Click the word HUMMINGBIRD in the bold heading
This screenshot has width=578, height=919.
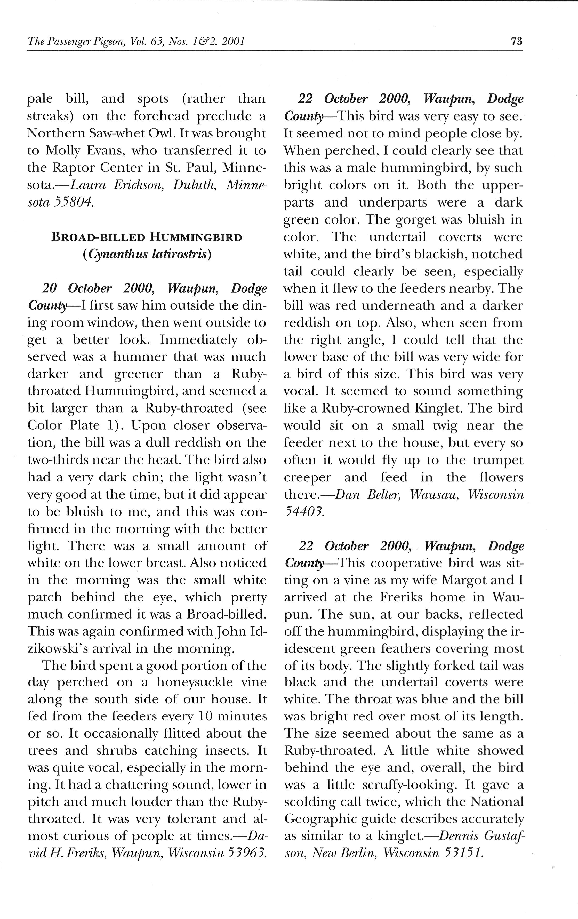pos(196,237)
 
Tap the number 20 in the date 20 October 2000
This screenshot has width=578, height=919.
pos(50,289)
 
